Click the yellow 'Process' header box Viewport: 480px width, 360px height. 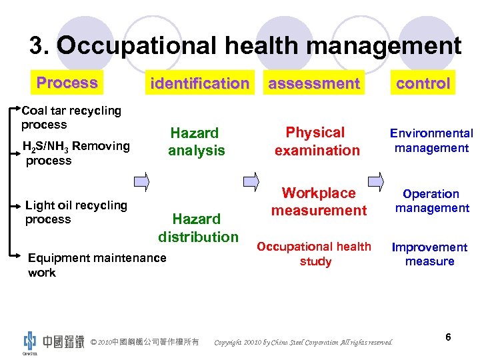tap(67, 83)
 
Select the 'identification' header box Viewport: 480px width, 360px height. tap(199, 83)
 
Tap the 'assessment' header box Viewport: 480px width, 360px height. tap(313, 83)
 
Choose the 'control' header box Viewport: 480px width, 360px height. tap(423, 83)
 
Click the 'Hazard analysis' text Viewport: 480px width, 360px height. tap(195, 141)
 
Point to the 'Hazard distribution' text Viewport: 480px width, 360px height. tap(197, 227)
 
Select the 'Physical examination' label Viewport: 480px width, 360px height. tap(317, 141)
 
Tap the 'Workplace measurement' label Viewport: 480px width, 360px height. tap(319, 201)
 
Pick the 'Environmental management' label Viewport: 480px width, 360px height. tap(432, 141)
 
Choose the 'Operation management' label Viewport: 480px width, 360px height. tap(431, 201)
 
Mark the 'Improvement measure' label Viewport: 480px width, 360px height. tap(429, 254)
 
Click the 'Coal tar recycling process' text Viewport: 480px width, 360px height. tap(71, 117)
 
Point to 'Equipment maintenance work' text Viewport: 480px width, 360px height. tap(97, 265)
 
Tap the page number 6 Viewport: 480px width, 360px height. tap(448, 337)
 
